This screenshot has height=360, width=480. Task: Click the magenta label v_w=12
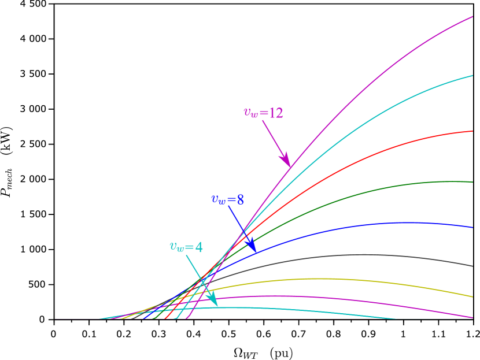[x=263, y=113]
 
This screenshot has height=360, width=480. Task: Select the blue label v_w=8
[x=227, y=200]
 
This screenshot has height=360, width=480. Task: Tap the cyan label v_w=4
[x=186, y=247]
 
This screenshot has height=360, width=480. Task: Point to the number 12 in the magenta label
[x=276, y=113]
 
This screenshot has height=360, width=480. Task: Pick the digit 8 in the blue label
[x=240, y=200]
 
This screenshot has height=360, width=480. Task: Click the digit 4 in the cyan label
[x=198, y=247]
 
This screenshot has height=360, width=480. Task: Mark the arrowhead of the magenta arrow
[x=286, y=160]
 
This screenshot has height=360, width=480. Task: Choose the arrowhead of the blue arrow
[x=252, y=247]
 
